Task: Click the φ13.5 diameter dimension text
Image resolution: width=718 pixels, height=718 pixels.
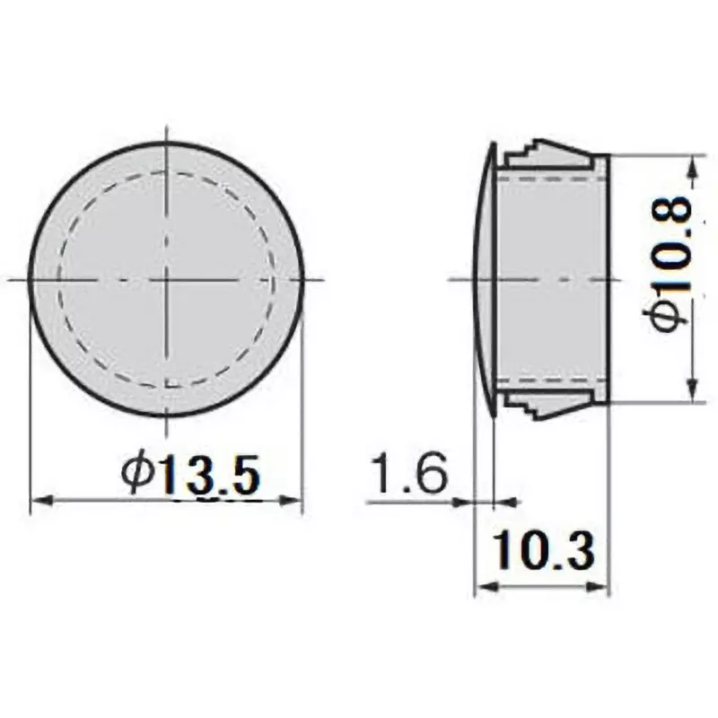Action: (191, 474)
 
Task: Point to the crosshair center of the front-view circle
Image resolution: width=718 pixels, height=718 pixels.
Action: (167, 280)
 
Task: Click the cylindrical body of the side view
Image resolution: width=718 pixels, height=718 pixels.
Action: (552, 280)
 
